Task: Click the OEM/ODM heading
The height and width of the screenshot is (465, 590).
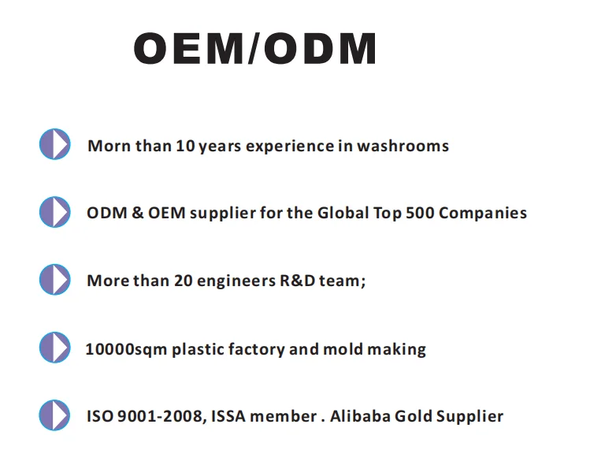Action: (x=254, y=49)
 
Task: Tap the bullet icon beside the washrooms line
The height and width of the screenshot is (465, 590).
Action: (x=55, y=143)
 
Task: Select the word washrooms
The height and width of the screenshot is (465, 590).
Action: (x=403, y=146)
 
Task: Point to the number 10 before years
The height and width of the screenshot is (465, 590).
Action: (x=185, y=146)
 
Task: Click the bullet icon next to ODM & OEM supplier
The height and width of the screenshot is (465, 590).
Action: (x=55, y=211)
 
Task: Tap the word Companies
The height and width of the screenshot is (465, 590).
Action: (x=483, y=214)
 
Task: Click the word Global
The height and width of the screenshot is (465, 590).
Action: (x=343, y=213)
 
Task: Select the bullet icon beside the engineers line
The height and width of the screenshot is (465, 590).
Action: (x=55, y=279)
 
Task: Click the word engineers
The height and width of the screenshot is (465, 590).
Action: (x=236, y=281)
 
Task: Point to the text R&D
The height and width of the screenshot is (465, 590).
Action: (x=297, y=281)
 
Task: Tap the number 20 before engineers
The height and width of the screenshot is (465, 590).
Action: (x=184, y=281)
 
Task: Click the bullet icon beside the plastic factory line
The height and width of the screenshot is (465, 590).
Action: (x=55, y=347)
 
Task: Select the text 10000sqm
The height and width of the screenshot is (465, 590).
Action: (x=126, y=350)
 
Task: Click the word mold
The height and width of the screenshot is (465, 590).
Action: (x=343, y=349)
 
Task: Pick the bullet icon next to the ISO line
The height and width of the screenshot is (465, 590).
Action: (x=54, y=415)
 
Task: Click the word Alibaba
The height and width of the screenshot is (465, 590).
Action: (x=360, y=416)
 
